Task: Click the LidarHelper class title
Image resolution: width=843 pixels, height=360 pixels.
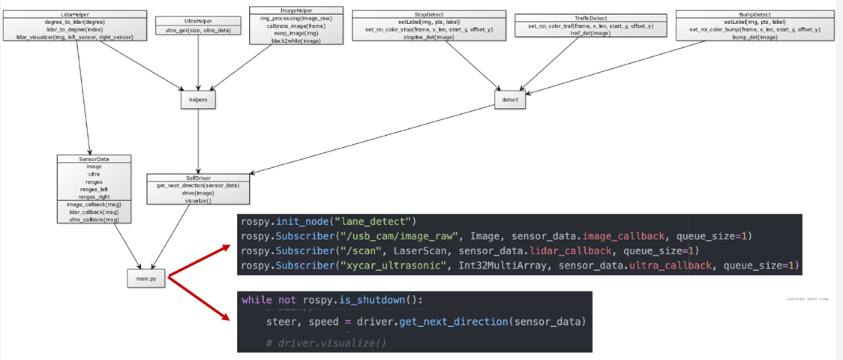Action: pyautogui.click(x=73, y=14)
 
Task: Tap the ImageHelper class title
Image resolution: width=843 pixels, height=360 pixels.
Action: pyautogui.click(x=295, y=10)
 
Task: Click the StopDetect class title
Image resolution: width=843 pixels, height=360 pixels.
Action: pyautogui.click(x=428, y=14)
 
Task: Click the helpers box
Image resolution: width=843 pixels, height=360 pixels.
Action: pyautogui.click(x=198, y=98)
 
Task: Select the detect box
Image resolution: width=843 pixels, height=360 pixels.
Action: pyautogui.click(x=511, y=99)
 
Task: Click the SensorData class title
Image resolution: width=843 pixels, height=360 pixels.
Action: pyautogui.click(x=94, y=159)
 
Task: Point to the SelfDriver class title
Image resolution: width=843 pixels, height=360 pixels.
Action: pyautogui.click(x=198, y=178)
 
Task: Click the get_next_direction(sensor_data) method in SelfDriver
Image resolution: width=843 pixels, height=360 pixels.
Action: pyautogui.click(x=198, y=185)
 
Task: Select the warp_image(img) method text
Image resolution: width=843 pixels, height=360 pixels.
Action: pyautogui.click(x=295, y=34)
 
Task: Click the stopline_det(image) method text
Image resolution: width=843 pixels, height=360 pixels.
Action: pyautogui.click(x=428, y=37)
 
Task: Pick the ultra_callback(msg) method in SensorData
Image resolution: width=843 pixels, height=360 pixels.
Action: pyautogui.click(x=94, y=219)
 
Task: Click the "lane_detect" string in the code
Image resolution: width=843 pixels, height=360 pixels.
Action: pyautogui.click(x=373, y=222)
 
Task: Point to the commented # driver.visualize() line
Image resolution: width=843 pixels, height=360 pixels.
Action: pyautogui.click(x=326, y=343)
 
